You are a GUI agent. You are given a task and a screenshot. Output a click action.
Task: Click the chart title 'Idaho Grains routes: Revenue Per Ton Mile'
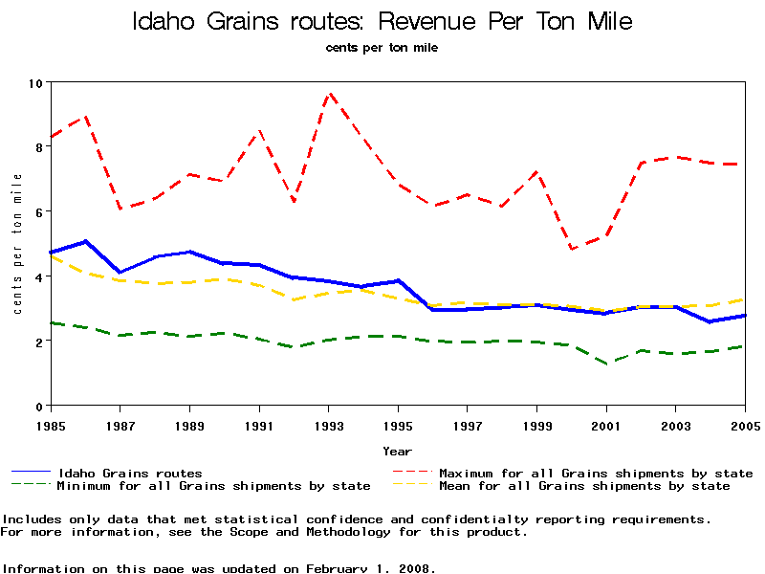[x=382, y=21]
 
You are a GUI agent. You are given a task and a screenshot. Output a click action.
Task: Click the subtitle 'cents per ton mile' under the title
[x=382, y=47]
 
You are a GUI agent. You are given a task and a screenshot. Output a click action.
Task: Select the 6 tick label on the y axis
[x=39, y=211]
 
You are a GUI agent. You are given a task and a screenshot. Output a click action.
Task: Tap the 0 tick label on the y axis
[x=39, y=406]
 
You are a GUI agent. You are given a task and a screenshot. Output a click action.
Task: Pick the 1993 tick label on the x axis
[x=328, y=424]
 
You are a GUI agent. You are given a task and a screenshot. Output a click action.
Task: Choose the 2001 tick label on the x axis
[x=606, y=424]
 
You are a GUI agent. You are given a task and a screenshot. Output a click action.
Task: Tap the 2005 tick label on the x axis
[x=744, y=424]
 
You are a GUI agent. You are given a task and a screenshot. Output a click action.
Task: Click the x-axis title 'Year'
[x=397, y=451]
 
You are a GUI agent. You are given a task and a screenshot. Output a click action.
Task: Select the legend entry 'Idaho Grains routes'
[x=130, y=473]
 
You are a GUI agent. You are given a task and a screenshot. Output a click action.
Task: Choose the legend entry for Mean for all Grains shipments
[x=584, y=486]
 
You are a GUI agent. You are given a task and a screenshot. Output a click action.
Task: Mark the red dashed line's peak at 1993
[x=329, y=93]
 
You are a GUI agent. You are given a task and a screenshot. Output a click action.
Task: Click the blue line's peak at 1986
[x=85, y=241]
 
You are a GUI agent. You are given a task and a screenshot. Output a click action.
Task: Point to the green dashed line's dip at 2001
[x=606, y=364]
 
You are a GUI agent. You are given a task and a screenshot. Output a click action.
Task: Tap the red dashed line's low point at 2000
[x=572, y=249]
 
